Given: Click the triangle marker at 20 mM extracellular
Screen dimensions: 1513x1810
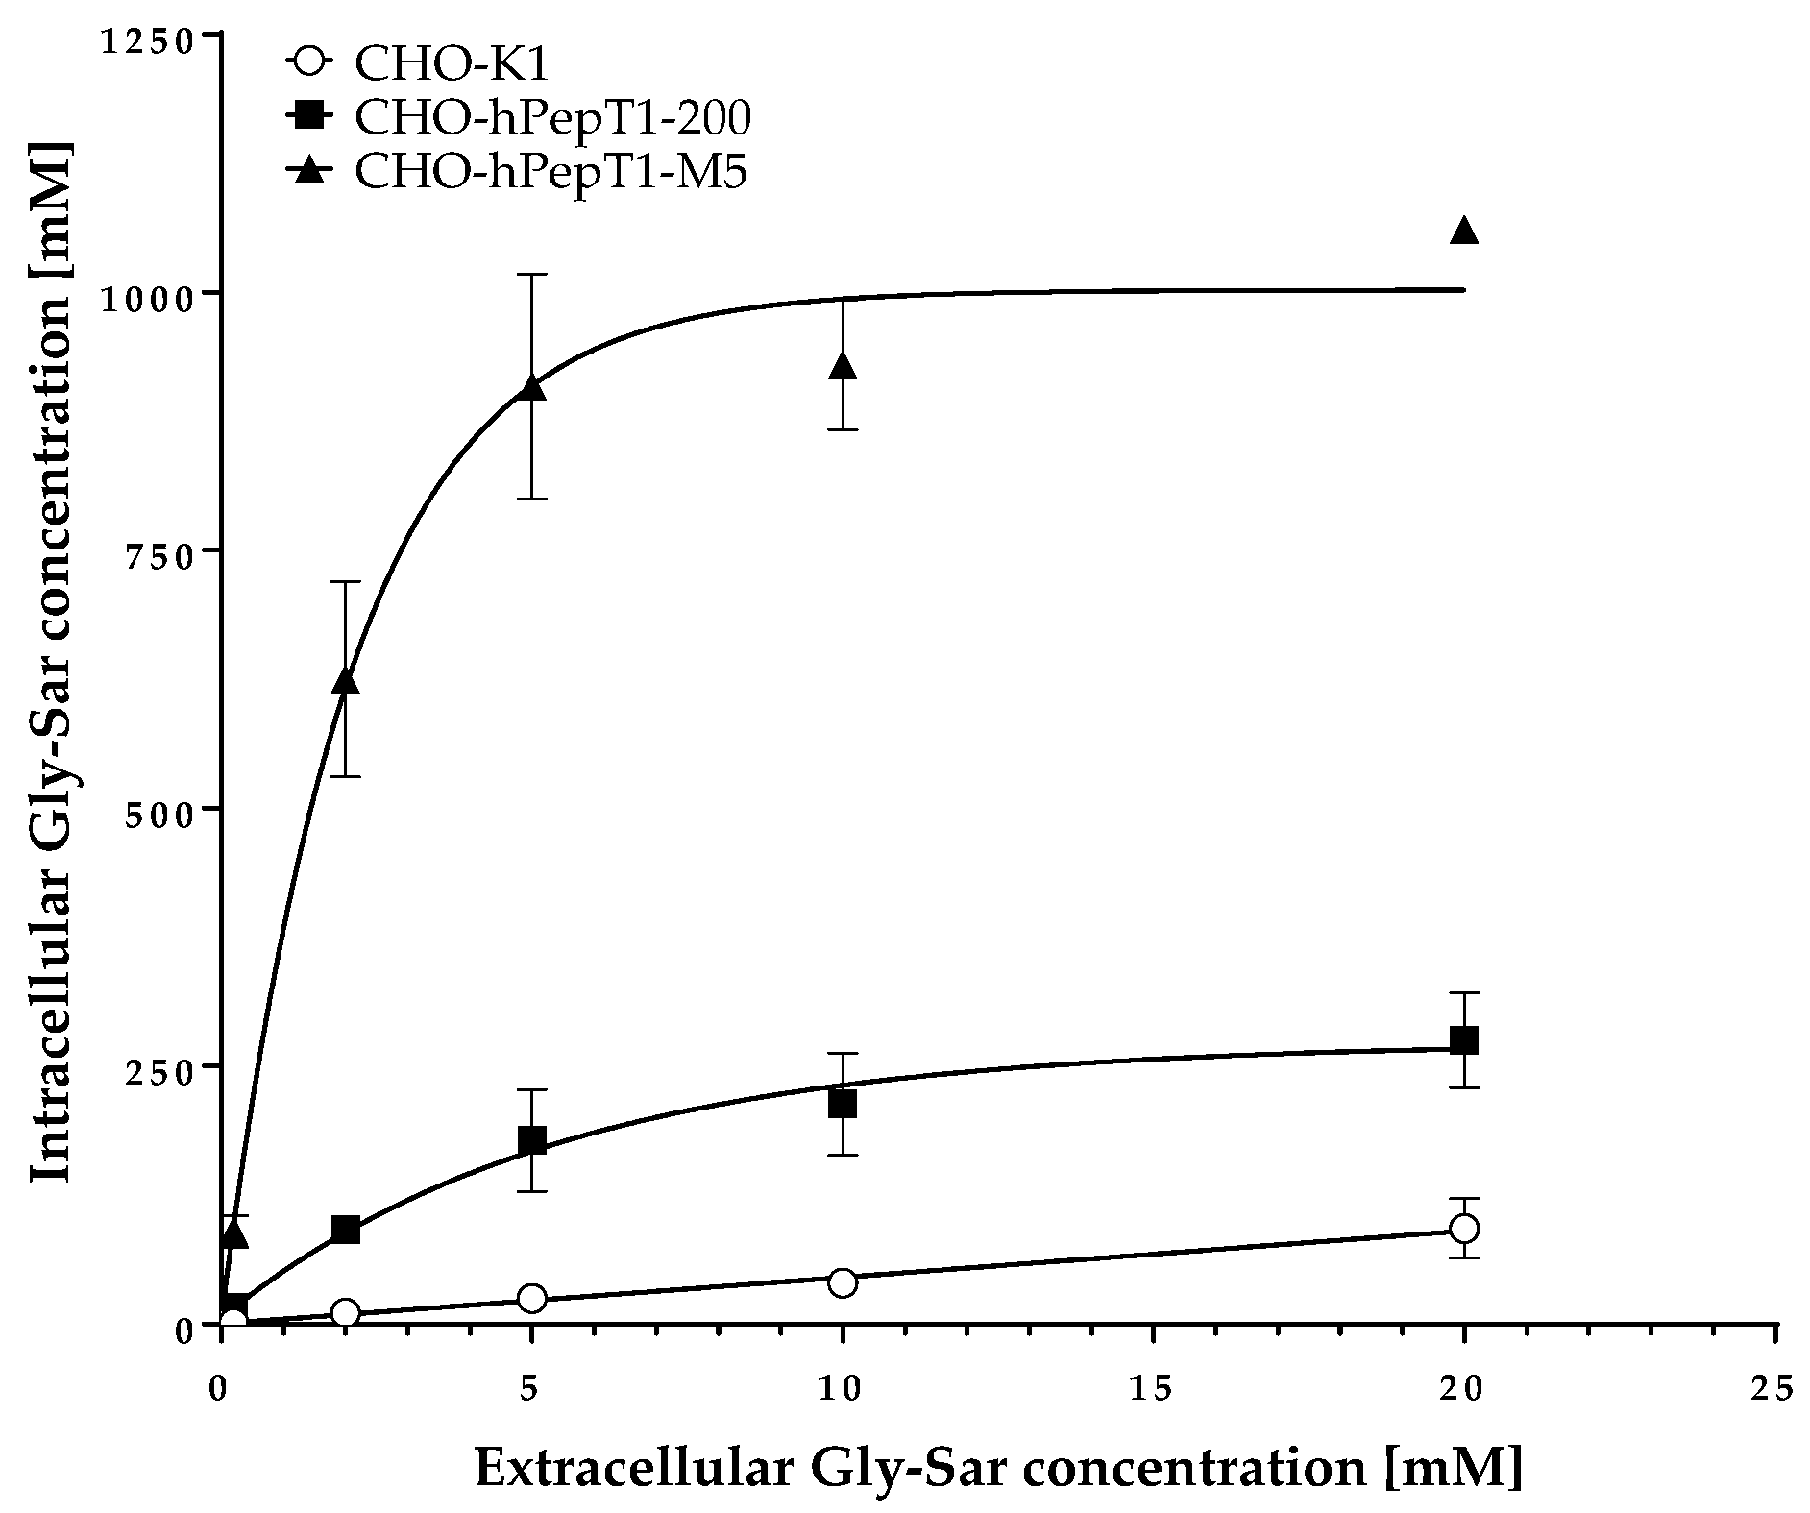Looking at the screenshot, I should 1463,231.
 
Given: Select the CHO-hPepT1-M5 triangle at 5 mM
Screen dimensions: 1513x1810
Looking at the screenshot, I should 531,387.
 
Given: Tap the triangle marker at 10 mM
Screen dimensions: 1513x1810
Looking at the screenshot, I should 843,365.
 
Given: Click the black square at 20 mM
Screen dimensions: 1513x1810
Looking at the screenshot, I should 1463,1040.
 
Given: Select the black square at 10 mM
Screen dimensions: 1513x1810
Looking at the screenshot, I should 843,1104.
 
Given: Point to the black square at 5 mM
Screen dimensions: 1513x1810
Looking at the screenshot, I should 531,1140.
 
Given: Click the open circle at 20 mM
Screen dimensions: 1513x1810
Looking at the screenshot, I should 1463,1228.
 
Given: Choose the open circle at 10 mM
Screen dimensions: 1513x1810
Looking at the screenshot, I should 843,1282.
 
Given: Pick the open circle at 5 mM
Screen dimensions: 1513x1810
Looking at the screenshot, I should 531,1299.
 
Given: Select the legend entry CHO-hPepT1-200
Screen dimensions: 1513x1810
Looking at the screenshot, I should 552,119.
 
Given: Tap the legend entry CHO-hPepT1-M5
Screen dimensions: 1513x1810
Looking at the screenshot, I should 550,174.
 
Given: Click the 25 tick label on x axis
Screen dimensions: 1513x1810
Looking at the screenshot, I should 1773,1387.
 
